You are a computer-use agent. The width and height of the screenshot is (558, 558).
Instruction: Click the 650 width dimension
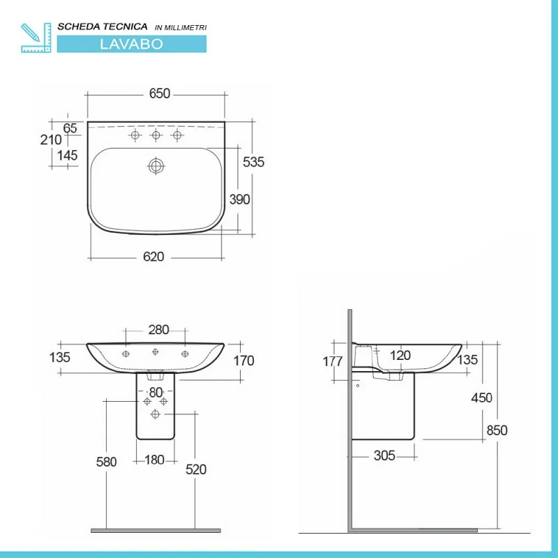pyautogui.click(x=160, y=93)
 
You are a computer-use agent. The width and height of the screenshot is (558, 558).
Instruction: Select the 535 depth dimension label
pyautogui.click(x=253, y=162)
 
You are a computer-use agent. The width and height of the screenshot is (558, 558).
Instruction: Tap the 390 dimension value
pyautogui.click(x=239, y=199)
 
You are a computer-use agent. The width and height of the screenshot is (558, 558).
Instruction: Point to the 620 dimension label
pyautogui.click(x=153, y=257)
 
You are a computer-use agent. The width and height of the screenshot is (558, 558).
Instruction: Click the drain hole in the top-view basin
pyautogui.click(x=156, y=165)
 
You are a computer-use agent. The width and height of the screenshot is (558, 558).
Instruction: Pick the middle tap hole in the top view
pyautogui.click(x=156, y=135)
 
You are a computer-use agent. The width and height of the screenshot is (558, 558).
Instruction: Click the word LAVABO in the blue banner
pyautogui.click(x=131, y=44)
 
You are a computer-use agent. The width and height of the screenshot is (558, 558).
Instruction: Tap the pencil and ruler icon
pyautogui.click(x=36, y=38)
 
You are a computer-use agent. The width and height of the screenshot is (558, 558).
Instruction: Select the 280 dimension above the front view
pyautogui.click(x=158, y=330)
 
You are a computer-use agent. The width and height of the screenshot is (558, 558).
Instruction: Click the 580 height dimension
pyautogui.click(x=106, y=462)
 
